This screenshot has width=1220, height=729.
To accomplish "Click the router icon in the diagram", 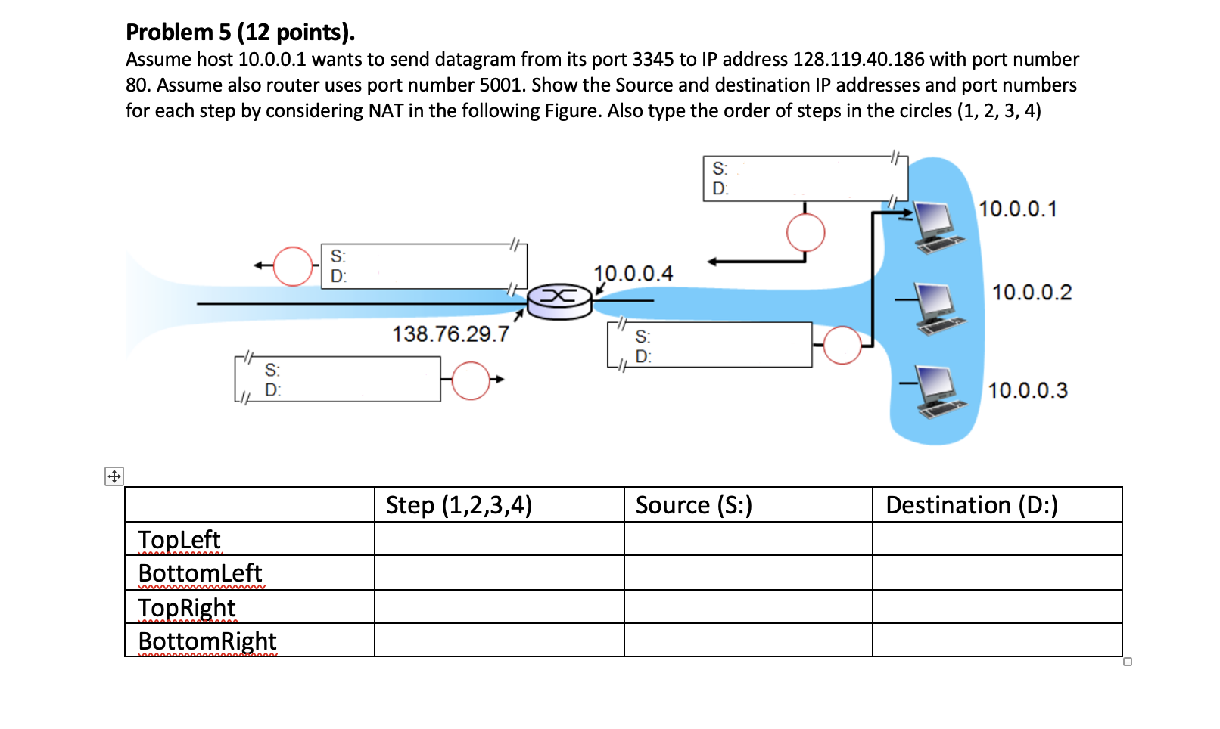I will pos(559,301).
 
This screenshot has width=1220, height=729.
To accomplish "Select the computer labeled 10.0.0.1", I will pos(938,226).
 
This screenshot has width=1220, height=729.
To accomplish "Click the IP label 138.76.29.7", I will pos(450,334).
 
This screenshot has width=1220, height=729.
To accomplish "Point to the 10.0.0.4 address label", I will pos(633,273).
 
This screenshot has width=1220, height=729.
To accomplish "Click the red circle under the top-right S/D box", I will pos(805,232).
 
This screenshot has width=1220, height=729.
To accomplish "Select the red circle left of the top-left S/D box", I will pos(293,266).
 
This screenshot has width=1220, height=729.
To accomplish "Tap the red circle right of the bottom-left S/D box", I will pos(471,380).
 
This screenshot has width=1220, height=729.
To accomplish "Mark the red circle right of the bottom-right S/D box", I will pos(842,346).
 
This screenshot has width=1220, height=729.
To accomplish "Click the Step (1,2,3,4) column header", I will pos(459,505).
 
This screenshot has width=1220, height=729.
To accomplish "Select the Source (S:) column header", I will pos(693,505).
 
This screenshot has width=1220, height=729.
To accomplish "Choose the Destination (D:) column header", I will pos(971,505).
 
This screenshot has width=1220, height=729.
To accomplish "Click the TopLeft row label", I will pos(179,539).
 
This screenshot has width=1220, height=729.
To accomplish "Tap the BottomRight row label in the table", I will pos(207,641).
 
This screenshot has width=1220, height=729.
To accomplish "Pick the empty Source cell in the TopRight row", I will pos(748,606).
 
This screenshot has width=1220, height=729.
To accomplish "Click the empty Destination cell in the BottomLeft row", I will pos(997,572).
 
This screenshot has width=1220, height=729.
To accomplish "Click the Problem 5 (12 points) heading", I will pos(240,32).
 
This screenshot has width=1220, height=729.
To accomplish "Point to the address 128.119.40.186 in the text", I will pos(858,59).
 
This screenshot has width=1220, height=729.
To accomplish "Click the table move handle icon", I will pos(114,476).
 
